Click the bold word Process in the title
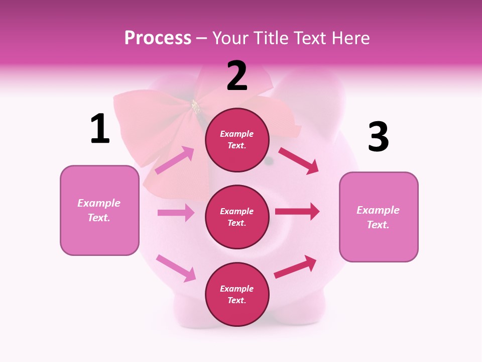coord(158,38)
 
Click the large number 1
coord(100,129)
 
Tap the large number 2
coord(237,76)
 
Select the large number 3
coord(379,137)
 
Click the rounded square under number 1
coord(99,210)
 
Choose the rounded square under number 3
coord(379,217)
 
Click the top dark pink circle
coord(237,140)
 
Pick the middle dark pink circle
coord(237,217)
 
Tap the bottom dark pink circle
coord(237,294)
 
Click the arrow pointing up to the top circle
coord(175,160)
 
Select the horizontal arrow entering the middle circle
coord(176,213)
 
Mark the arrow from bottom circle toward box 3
coord(295,267)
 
